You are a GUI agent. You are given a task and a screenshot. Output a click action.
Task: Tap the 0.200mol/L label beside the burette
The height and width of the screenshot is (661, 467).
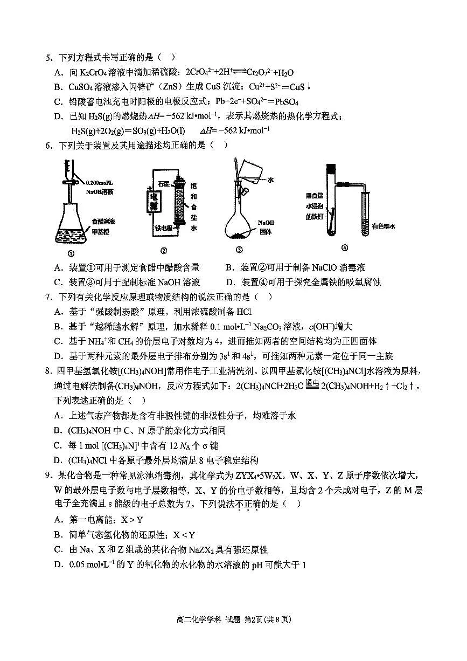coord(100,183)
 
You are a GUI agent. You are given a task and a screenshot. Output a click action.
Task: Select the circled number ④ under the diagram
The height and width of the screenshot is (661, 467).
coord(345,247)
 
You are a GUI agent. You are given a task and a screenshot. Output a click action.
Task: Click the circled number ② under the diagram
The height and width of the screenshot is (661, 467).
coord(164,250)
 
